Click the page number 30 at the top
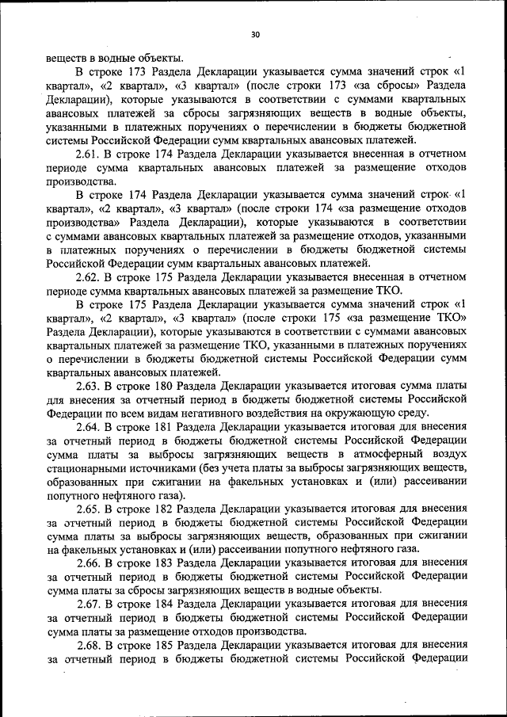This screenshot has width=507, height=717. (254, 34)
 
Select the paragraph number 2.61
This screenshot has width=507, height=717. (86, 153)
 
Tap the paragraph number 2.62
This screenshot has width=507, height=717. (86, 277)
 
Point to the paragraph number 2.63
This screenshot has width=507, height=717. (86, 385)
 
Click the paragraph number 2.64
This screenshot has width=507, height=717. (86, 427)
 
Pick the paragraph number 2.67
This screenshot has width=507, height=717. (86, 604)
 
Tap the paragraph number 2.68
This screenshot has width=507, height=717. (86, 645)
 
